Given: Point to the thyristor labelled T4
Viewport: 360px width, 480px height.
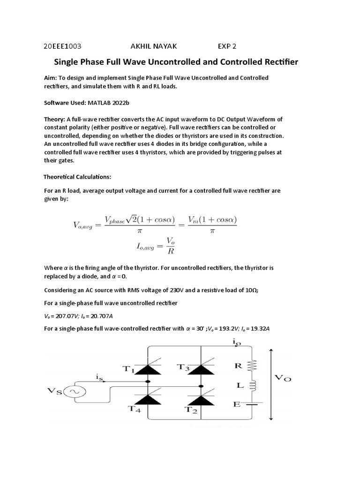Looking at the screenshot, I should [149, 400].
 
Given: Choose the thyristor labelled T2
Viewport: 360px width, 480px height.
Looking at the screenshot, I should [202, 400].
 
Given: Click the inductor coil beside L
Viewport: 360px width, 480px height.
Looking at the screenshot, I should [252, 385].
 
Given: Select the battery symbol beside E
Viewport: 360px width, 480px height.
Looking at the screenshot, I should [252, 404].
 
